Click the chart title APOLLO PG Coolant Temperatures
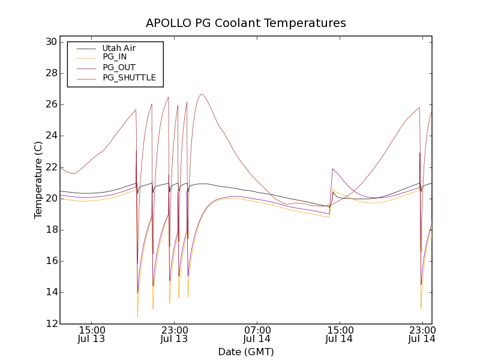246,23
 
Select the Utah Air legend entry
123,47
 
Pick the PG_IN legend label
115,57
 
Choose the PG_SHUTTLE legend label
129,77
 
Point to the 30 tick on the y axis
50,42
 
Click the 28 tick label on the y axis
50,73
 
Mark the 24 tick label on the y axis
50,136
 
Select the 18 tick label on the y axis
50,230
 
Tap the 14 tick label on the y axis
50,292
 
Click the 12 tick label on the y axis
50,323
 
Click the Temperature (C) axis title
38,180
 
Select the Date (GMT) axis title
246,352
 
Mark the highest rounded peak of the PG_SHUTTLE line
202,94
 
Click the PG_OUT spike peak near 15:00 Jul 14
332,169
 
